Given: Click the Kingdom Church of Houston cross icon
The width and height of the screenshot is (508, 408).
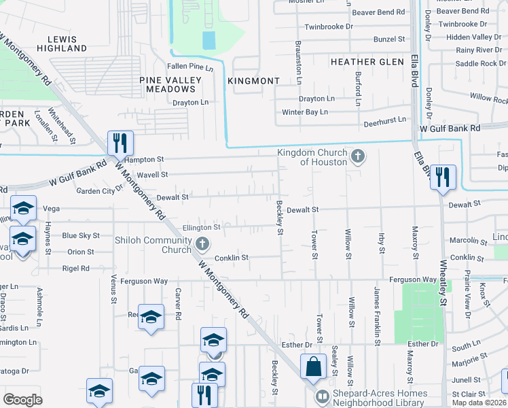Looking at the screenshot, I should (x=358, y=158).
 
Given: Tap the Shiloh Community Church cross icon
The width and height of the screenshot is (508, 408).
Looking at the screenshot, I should (x=202, y=243).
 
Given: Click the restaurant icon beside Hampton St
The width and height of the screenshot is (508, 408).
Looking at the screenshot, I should (x=120, y=143).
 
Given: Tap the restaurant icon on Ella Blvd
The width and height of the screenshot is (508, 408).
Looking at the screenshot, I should (x=443, y=177).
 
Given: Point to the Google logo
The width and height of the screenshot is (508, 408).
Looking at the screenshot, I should (x=22, y=400).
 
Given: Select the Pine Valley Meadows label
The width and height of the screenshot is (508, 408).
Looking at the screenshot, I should (x=170, y=84).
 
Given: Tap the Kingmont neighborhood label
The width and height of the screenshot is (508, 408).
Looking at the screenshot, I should (x=254, y=81).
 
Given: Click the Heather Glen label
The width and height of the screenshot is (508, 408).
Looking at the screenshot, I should (x=367, y=62).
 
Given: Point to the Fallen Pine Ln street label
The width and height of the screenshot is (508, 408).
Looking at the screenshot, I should (x=191, y=67).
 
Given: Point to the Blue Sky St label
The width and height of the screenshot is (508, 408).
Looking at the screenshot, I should (x=81, y=235).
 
